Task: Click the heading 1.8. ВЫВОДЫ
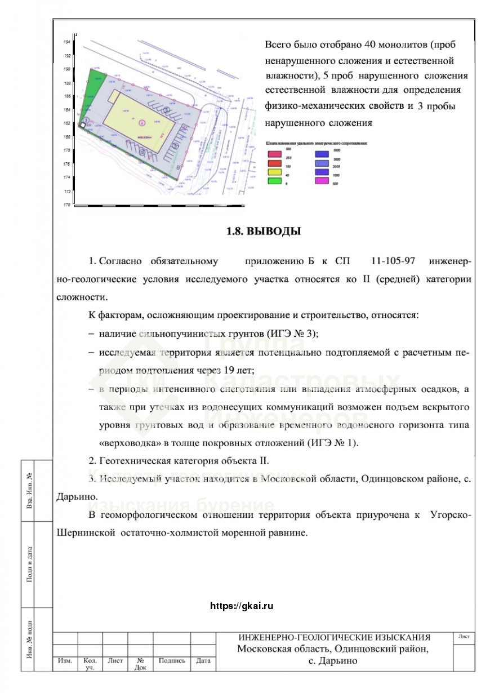pos(263,231)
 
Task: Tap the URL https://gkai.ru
pos(241,606)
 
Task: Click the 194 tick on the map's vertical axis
pos(66,42)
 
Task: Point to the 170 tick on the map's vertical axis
pos(66,205)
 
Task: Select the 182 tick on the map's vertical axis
pos(66,123)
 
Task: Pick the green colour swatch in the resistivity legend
pos(274,180)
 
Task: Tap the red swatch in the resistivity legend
pos(274,161)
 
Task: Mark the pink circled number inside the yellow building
pos(141,121)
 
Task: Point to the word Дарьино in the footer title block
pos(338,660)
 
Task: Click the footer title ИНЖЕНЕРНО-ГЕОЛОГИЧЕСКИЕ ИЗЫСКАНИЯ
pos(334,637)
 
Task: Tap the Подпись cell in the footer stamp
pos(172,661)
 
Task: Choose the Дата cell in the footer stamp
pos(203,661)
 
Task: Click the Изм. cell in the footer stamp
pos(65,661)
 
